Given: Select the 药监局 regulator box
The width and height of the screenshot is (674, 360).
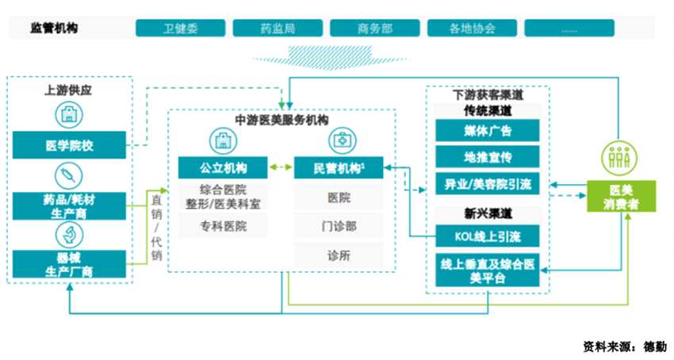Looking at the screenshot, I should (x=277, y=29).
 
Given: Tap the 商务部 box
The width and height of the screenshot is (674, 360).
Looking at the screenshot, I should (x=374, y=29).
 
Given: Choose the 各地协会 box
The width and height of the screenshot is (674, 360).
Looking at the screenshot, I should (x=472, y=29).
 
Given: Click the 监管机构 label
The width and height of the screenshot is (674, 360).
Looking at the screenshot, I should (x=54, y=29).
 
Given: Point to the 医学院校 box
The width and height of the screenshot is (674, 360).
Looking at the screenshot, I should (x=70, y=145).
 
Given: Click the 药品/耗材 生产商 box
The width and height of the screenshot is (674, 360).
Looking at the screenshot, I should (x=70, y=205).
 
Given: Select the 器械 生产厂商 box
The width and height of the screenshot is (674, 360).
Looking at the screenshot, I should (x=70, y=264).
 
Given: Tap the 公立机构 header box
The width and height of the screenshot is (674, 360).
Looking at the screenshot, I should (x=223, y=168).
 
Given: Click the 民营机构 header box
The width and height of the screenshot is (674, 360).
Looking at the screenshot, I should (x=339, y=168).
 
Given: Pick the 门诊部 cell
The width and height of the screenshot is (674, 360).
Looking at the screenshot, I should (x=339, y=225).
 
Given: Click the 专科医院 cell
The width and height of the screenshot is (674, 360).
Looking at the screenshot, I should (x=223, y=226).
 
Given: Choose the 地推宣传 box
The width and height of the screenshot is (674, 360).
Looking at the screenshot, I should (x=487, y=156).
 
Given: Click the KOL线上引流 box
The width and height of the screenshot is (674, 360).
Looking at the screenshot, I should (x=487, y=236).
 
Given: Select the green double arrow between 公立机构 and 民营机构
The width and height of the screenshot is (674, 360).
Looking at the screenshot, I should (x=281, y=168).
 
